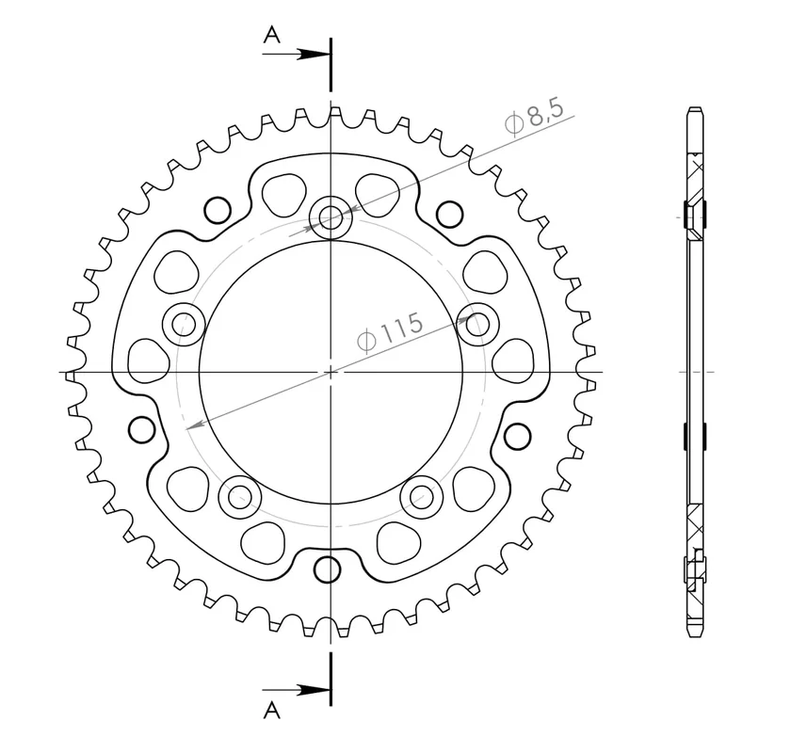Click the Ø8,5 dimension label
coord(534,118)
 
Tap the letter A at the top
coord(272,36)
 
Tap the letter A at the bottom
coord(272,711)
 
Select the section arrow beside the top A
coord(297,54)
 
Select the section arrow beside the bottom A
coord(297,690)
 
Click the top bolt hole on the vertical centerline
coord(331,217)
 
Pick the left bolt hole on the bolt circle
coord(184,325)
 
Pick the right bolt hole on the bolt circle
coord(477,324)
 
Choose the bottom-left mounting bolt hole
coord(240,497)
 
